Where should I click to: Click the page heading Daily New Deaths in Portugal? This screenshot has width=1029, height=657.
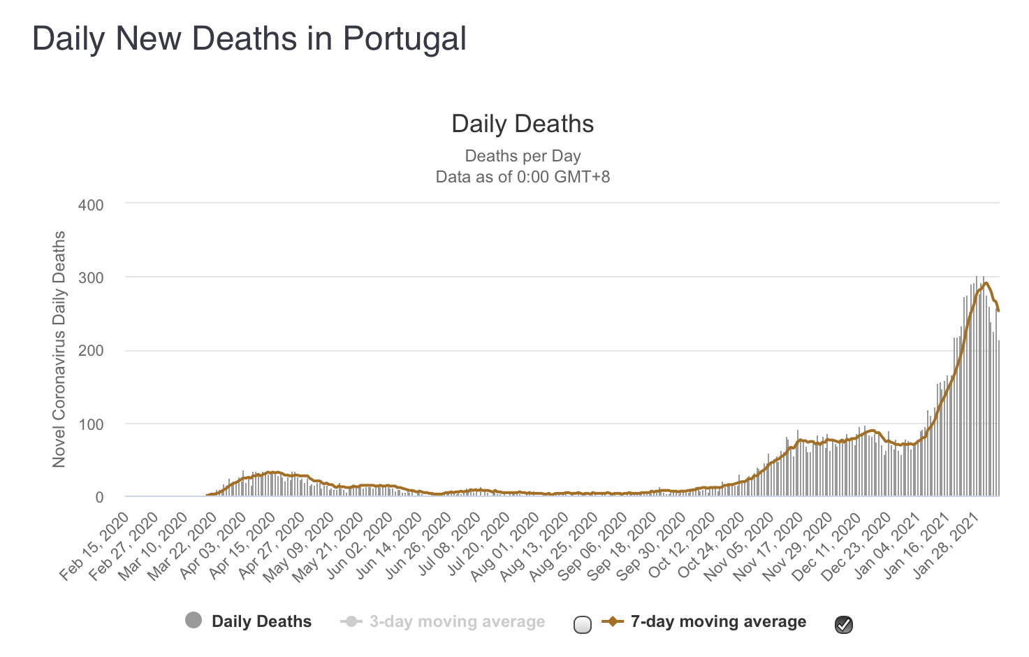pyautogui.click(x=249, y=39)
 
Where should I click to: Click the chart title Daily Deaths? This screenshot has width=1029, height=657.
pyautogui.click(x=523, y=124)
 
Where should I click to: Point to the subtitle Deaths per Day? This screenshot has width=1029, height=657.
pyautogui.click(x=523, y=156)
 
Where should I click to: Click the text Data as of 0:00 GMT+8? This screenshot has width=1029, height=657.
pyautogui.click(x=523, y=177)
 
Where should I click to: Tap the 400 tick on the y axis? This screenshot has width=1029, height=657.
pyautogui.click(x=91, y=205)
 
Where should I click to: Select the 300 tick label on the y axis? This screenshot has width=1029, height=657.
pyautogui.click(x=91, y=277)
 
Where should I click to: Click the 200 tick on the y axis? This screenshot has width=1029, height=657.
pyautogui.click(x=91, y=351)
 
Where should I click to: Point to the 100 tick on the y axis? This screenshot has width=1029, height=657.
pyautogui.click(x=91, y=424)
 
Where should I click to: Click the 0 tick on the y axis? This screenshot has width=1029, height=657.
pyautogui.click(x=99, y=497)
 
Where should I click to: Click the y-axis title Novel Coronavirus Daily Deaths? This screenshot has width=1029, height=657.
pyautogui.click(x=59, y=349)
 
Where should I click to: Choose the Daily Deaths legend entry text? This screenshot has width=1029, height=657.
pyautogui.click(x=261, y=621)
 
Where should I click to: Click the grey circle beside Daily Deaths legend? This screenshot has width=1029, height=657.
pyautogui.click(x=194, y=620)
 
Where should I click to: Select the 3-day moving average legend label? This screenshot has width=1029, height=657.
pyautogui.click(x=457, y=621)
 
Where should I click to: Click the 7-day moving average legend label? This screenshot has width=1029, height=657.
pyautogui.click(x=718, y=621)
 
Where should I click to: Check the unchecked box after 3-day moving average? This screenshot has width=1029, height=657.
pyautogui.click(x=582, y=624)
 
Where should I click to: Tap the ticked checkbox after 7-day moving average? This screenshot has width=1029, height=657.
pyautogui.click(x=844, y=624)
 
